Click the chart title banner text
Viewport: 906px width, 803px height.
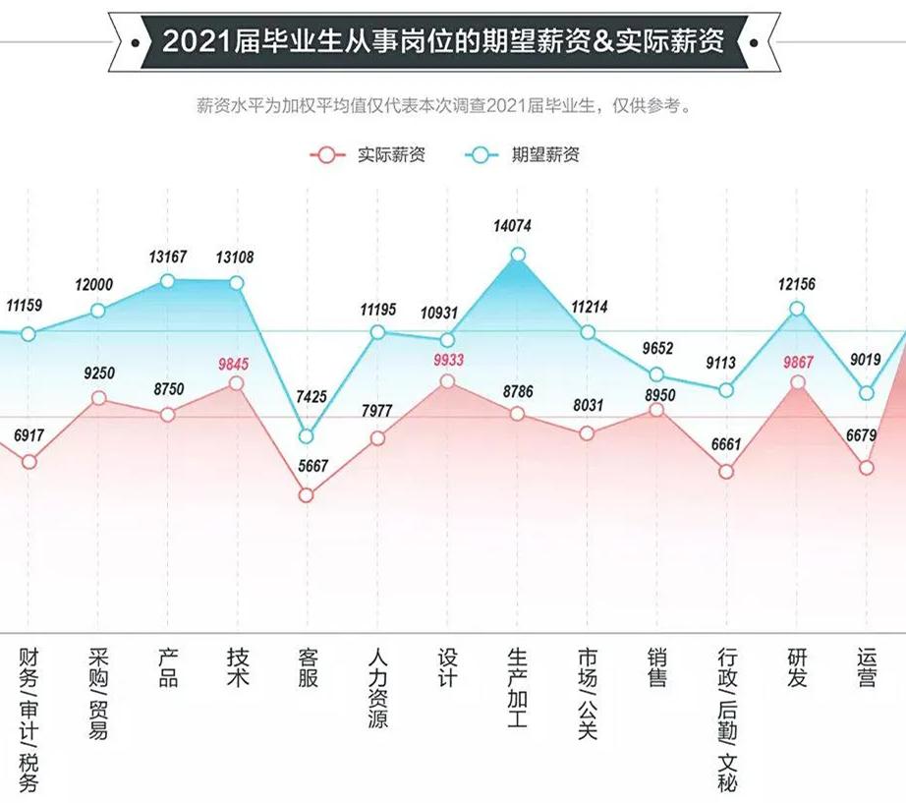tap(443, 40)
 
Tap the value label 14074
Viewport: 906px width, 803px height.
tap(512, 226)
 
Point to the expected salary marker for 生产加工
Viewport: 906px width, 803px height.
tap(518, 256)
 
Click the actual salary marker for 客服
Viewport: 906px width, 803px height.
tap(307, 495)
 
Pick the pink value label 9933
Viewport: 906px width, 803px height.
tap(448, 360)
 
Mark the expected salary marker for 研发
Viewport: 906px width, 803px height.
tap(798, 309)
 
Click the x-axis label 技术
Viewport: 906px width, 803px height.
tap(237, 667)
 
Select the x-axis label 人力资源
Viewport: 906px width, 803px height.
tap(377, 687)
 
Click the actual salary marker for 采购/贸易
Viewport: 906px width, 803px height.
tap(98, 397)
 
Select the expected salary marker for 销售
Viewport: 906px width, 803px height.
tap(657, 374)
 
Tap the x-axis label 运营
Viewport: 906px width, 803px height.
tap(867, 667)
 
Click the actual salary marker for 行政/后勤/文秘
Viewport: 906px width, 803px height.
tap(726, 472)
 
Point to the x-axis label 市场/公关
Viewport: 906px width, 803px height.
tap(588, 694)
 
